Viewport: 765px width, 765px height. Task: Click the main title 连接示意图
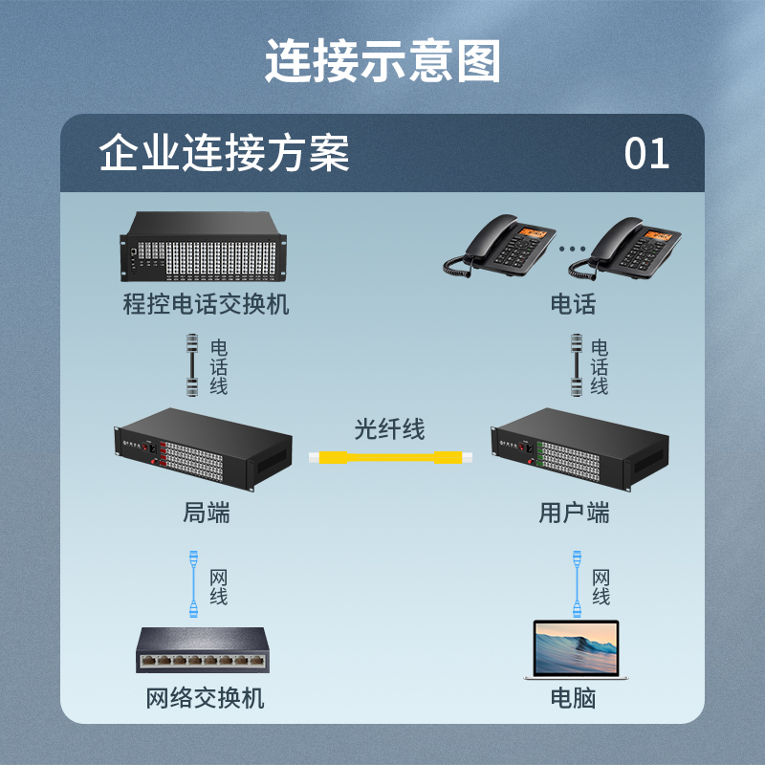382,61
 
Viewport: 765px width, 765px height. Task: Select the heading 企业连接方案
224,153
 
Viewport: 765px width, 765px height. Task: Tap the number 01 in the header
646,154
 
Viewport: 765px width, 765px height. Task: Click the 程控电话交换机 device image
203,247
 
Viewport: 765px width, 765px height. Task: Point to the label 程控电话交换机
206,304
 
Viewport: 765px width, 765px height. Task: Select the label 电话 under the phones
573,304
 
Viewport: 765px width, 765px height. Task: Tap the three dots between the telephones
572,249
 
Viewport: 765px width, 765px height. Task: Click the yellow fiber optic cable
390,457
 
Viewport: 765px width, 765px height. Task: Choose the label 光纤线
389,429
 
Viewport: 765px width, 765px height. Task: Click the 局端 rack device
203,449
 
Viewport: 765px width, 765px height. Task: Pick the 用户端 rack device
580,449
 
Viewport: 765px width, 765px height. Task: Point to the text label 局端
207,513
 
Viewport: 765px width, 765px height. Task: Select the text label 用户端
575,513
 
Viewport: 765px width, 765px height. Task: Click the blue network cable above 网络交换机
194,584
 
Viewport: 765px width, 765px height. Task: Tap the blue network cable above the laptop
578,584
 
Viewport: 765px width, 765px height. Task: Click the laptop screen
576,647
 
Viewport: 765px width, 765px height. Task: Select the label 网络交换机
206,698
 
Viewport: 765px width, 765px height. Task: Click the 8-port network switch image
203,650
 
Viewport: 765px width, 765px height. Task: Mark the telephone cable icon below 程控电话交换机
192,365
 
